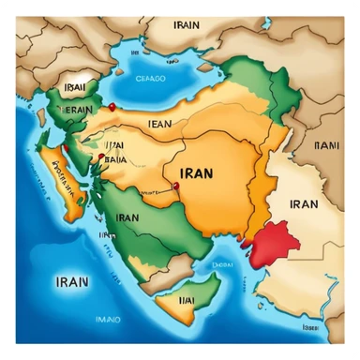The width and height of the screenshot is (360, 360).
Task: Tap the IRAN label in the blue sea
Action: [73, 278]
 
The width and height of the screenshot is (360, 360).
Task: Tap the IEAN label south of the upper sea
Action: [160, 122]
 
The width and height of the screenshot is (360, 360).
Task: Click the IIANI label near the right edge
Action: [326, 145]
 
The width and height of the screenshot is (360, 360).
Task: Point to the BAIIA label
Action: [114, 159]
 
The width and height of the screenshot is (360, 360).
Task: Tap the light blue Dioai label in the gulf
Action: [223, 265]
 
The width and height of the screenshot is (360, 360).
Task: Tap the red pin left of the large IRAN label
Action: [175, 186]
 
